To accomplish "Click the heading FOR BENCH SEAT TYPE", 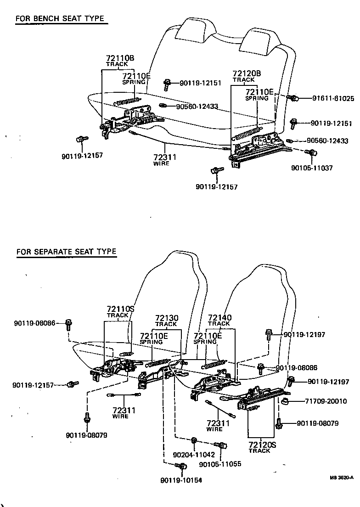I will [x=60, y=19].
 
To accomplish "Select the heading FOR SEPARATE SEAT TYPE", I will [x=66, y=252].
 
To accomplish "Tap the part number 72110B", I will [x=120, y=58].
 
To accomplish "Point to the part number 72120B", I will [x=247, y=73].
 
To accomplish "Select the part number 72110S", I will [x=120, y=309].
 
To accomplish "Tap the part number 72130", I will [x=167, y=318].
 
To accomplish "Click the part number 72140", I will [x=219, y=317].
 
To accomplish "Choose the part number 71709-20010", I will [x=326, y=401].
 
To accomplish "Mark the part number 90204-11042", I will [x=194, y=454].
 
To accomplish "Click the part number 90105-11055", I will [x=220, y=464].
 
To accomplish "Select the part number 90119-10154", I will [x=181, y=480].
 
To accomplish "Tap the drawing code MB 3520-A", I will [x=341, y=477].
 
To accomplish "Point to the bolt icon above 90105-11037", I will [x=311, y=152].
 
